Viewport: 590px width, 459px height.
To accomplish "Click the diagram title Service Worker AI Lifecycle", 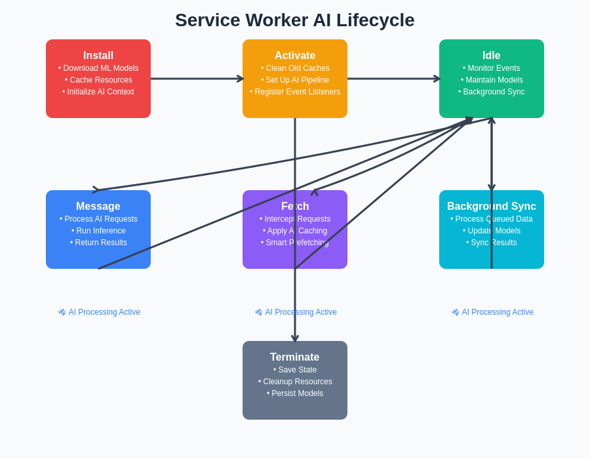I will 294,20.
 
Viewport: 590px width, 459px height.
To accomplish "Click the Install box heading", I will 98,56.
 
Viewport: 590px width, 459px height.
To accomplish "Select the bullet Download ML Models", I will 98,68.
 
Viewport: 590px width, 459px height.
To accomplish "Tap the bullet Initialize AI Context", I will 98,92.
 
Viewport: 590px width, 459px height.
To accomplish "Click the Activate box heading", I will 295,56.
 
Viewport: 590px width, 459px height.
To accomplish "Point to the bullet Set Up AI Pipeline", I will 295,80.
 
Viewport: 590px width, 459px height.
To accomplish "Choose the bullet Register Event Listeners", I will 295,92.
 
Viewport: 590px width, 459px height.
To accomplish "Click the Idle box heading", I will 492,56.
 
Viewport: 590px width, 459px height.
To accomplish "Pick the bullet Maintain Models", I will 492,80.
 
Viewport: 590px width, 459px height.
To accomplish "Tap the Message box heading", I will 98,207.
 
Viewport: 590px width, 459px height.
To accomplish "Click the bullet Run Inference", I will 98,231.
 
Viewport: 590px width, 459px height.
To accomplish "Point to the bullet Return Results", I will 98,243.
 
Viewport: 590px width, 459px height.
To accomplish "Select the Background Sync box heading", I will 492,207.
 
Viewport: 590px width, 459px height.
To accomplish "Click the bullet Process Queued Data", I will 492,219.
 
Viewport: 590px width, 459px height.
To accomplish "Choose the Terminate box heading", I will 295,357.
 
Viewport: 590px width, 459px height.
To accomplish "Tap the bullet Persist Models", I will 295,393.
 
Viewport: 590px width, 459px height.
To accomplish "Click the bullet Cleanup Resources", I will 295,382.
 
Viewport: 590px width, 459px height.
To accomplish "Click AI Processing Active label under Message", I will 100,312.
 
